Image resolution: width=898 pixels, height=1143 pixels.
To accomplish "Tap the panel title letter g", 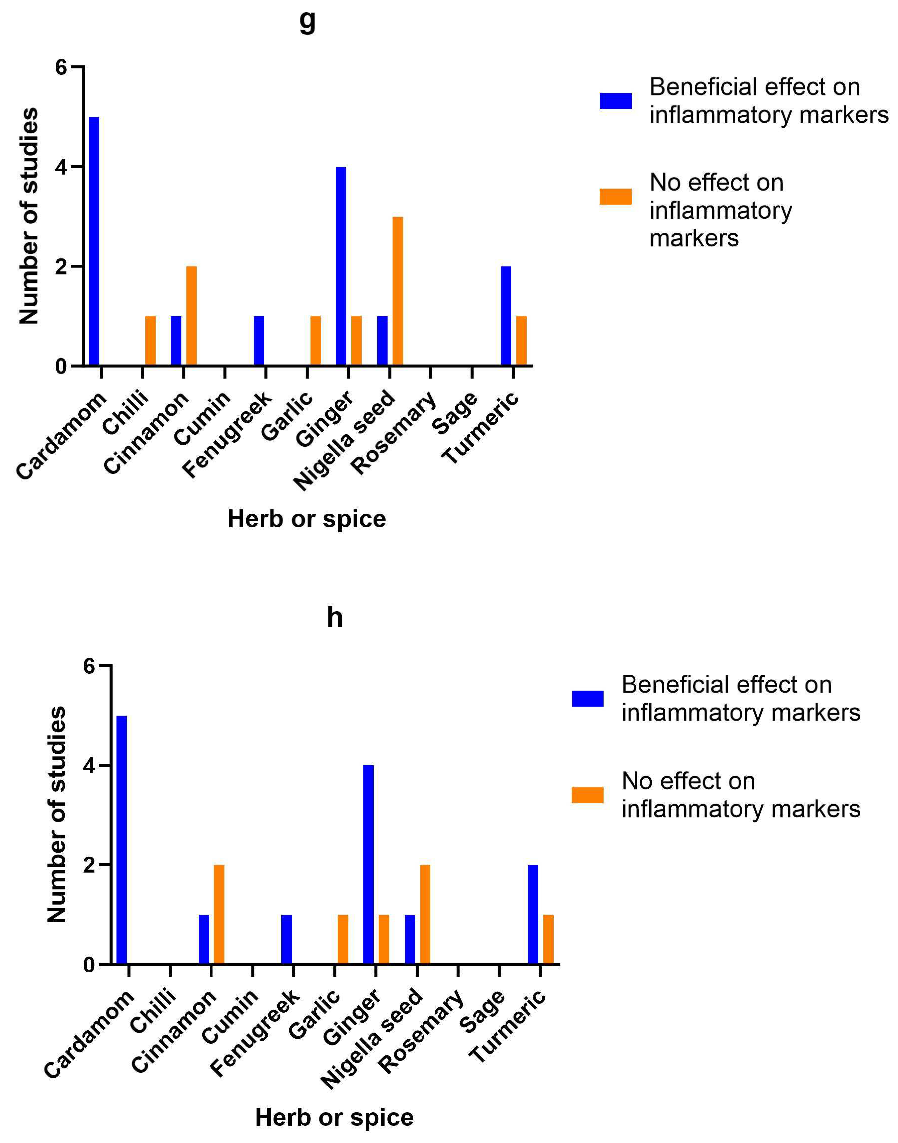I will click(x=308, y=21).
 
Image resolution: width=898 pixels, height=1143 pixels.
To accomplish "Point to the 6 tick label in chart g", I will click(x=61, y=68).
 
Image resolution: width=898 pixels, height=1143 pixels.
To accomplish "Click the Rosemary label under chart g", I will click(x=394, y=432).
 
